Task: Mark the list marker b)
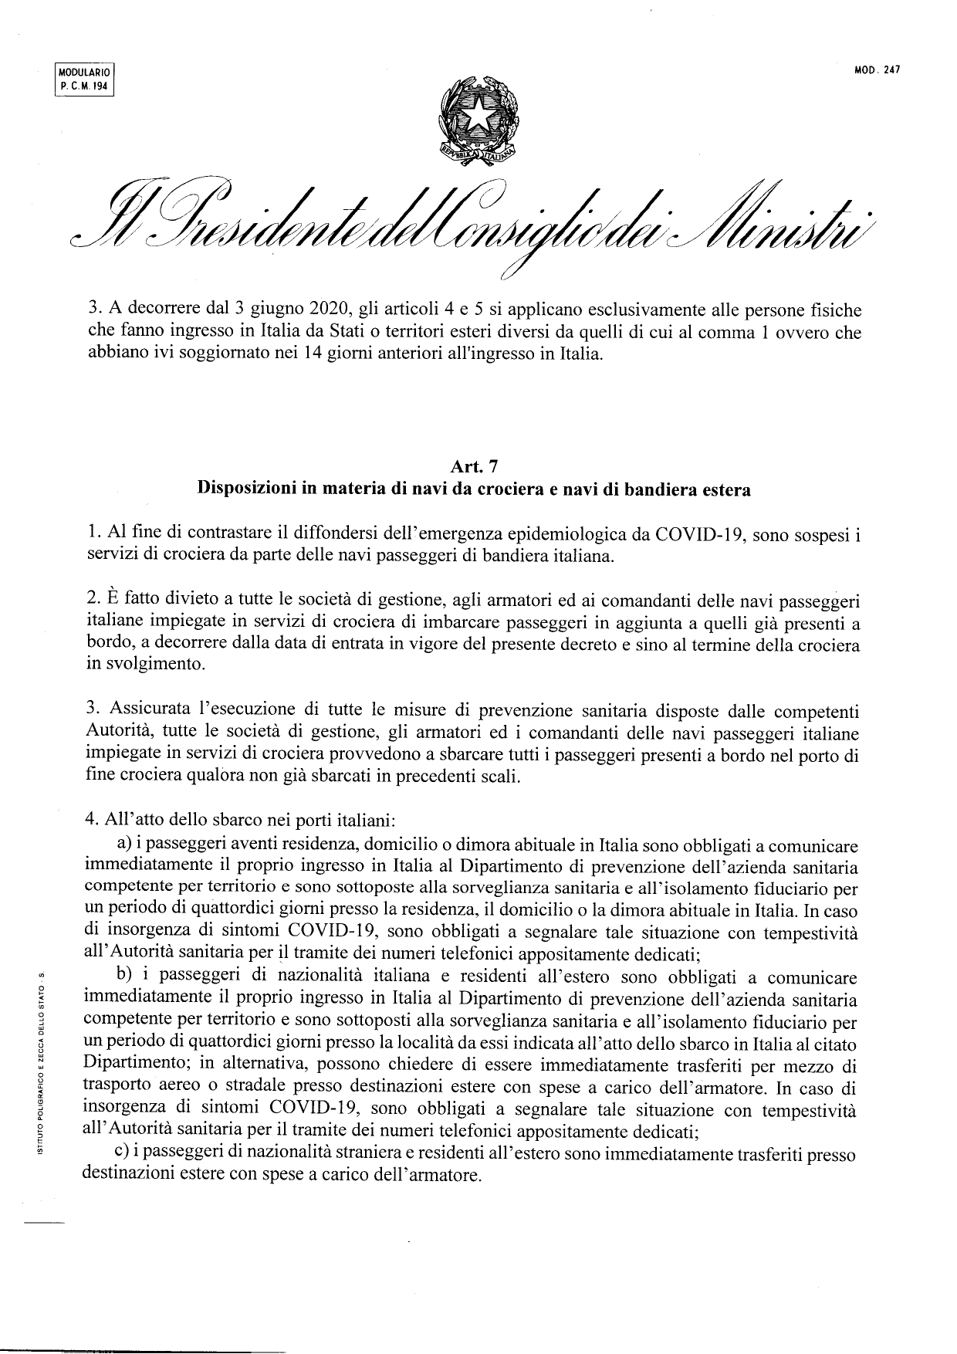[x=125, y=978]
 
